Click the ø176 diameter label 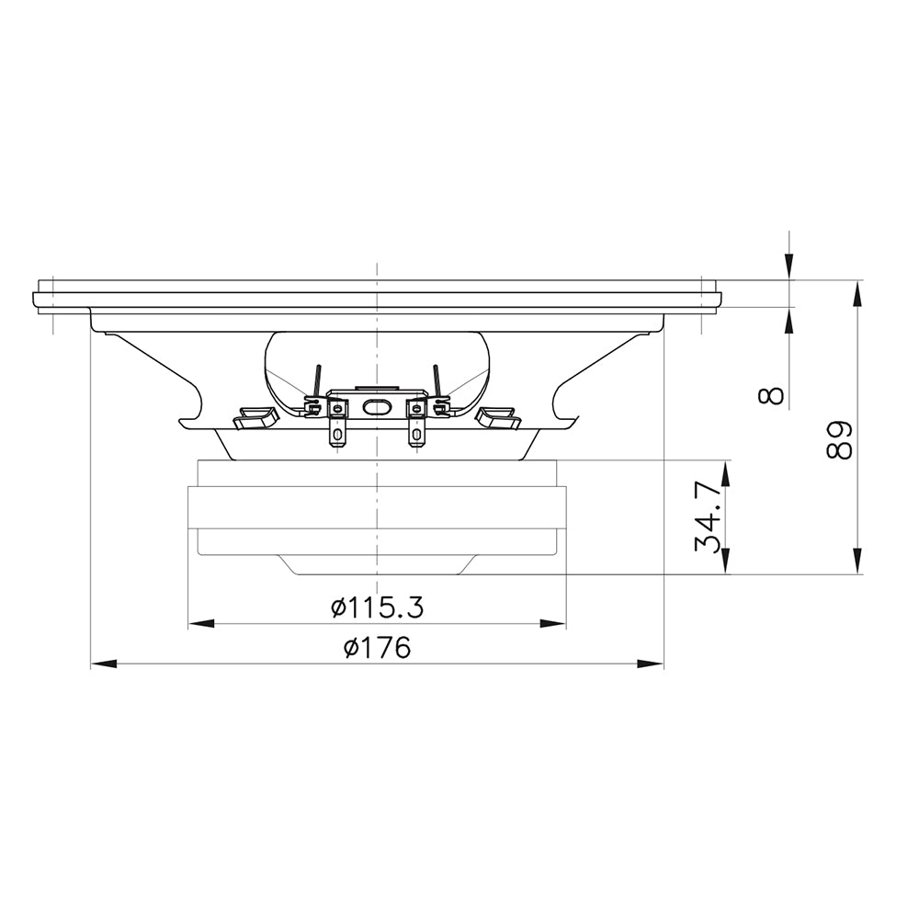(378, 647)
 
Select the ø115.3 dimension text (377, 607)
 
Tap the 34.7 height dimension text (707, 516)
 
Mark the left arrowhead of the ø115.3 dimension (201, 624)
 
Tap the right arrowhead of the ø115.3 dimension (552, 624)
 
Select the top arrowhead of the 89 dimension (857, 293)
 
